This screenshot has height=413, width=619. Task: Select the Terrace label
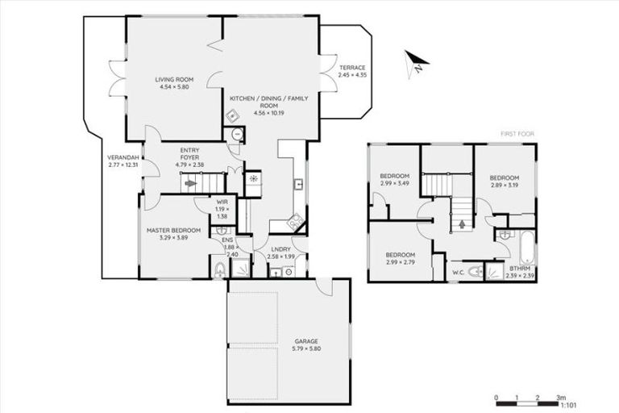[351, 67]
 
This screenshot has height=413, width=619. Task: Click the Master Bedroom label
[173, 231]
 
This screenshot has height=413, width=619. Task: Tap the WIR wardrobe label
[221, 202]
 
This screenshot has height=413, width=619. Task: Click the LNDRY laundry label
[281, 249]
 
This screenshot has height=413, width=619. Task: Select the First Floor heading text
[517, 134]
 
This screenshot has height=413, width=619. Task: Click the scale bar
[528, 398]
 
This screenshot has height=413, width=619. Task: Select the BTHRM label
[519, 268]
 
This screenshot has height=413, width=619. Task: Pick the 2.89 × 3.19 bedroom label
[504, 181]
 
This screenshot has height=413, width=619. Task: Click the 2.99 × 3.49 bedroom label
[395, 180]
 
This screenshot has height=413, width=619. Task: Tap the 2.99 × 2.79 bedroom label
[400, 258]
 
